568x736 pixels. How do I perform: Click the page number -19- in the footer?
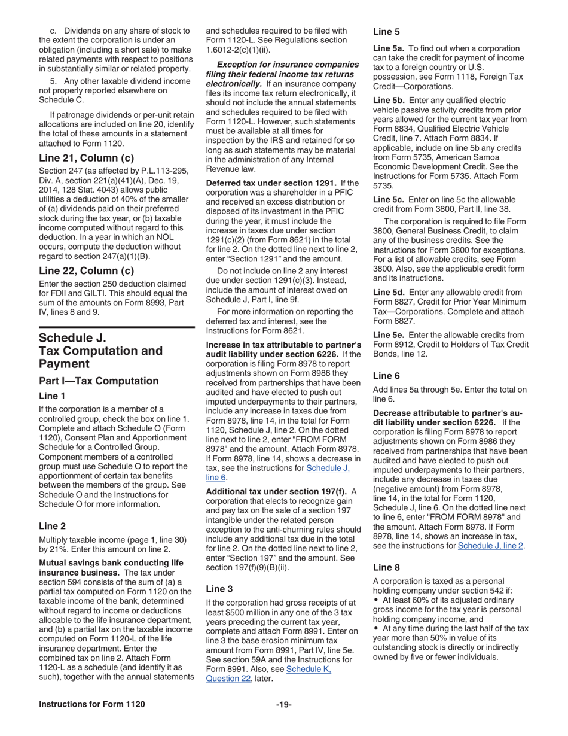click(x=283, y=704)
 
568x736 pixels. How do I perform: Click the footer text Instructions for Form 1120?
click(x=91, y=704)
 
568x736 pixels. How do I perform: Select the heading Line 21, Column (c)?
click(x=86, y=158)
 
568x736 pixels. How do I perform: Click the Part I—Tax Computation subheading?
click(x=99, y=381)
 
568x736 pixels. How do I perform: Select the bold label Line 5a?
click(x=389, y=48)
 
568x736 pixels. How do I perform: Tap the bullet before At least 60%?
click(x=376, y=600)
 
